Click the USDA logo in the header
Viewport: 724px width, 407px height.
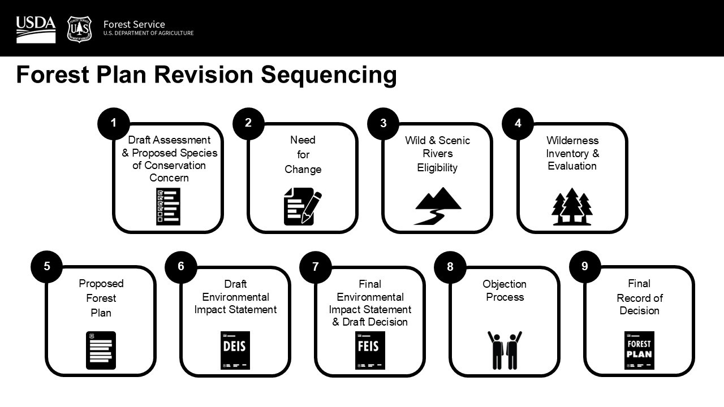tap(36, 29)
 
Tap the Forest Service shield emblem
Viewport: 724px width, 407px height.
tap(79, 29)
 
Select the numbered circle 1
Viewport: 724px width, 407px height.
tap(114, 123)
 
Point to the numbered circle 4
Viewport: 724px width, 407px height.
tap(518, 123)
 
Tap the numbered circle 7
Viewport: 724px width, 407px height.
tap(316, 266)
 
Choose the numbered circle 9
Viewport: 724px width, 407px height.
tap(585, 266)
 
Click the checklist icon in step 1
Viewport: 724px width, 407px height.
tap(168, 206)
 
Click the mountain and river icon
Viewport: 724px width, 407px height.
tap(437, 206)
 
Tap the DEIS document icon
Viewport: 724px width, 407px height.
tap(235, 350)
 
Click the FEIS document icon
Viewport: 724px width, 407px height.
tap(370, 350)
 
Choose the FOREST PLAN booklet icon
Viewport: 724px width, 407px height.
tap(639, 350)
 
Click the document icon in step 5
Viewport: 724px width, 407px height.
tap(101, 350)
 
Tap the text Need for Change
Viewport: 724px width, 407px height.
tap(303, 154)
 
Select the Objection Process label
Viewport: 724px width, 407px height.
tap(505, 291)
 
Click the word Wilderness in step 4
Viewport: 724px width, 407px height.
tap(572, 140)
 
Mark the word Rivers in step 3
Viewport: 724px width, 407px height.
tap(437, 154)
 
